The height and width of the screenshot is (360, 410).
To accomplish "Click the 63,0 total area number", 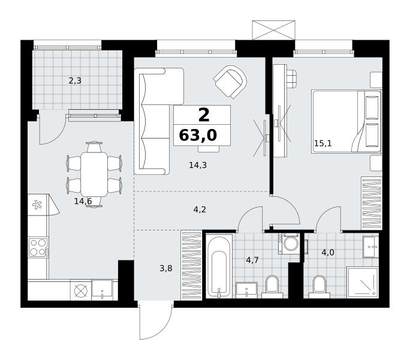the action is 198,136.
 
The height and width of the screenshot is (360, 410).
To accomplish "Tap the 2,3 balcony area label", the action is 75,81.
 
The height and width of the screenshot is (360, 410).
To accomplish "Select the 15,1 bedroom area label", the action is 323,143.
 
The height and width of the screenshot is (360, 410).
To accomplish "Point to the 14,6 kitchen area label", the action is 83,201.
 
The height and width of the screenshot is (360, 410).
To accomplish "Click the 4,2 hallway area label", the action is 200,209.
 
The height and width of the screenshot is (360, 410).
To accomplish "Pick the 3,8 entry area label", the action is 166,268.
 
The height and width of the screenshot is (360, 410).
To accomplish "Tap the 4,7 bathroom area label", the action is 252,260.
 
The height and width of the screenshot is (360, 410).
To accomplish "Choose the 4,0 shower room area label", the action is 328,253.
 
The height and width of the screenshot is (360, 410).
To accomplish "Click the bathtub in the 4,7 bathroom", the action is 219,266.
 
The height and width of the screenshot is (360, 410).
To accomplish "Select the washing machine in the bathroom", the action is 289,244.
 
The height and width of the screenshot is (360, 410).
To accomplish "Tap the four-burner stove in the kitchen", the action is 38,247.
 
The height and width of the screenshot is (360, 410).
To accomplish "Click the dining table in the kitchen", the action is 94,175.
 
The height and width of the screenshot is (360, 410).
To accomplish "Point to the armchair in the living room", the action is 230,82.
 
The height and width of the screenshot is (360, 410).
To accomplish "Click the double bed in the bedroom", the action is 346,122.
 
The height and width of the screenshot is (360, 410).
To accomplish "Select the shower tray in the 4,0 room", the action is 363,283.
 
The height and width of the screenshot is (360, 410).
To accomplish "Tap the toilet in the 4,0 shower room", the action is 319,287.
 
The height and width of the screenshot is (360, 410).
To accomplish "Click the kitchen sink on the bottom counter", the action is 102,290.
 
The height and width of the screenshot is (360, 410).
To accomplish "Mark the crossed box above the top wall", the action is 273,30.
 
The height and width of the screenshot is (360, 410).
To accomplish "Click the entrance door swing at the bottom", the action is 156,322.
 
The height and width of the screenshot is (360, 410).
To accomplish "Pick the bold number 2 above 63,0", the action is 204,115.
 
